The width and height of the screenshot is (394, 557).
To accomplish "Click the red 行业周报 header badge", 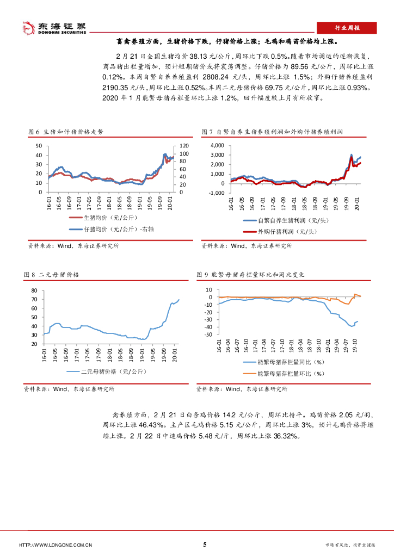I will pyautogui.click(x=346, y=27).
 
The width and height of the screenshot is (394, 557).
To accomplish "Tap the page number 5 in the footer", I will pyautogui.click(x=205, y=544).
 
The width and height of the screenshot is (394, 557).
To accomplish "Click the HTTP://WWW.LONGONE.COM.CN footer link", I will pyautogui.click(x=55, y=545).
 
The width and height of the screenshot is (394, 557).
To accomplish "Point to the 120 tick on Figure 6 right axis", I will pyautogui.click(x=183, y=146).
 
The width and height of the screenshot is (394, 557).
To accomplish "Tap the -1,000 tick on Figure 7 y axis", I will pyautogui.click(x=216, y=193).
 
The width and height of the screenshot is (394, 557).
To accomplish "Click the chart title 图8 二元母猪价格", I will pyautogui.click(x=52, y=275).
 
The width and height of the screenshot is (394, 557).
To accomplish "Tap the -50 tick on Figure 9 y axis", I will pyautogui.click(x=208, y=335).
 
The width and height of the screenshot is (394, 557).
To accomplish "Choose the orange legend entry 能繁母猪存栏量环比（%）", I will pyautogui.click(x=290, y=373).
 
